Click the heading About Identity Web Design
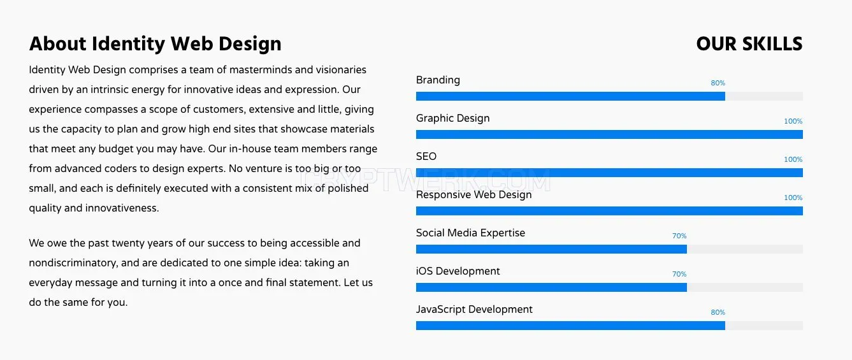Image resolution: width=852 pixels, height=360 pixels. coord(155,44)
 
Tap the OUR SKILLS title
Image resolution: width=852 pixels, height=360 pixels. coord(749,44)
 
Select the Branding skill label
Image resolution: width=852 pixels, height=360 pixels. coord(438,80)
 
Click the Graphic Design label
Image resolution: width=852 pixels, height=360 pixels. coord(452,119)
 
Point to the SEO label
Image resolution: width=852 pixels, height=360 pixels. coord(426,156)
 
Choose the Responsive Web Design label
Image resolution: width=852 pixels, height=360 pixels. coord(473,194)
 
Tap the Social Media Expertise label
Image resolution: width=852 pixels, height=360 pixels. coord(470,233)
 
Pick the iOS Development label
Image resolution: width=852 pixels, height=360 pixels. coord(458,271)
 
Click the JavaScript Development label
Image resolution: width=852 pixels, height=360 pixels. coord(474,310)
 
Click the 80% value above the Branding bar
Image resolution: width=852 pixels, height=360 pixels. coord(718,83)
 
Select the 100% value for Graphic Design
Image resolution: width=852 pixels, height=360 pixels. coord(793,121)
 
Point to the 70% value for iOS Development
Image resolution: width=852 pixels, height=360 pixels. coord(679,274)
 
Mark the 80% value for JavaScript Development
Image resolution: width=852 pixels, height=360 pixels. coord(718,312)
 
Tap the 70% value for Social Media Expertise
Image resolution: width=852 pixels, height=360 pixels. coord(679,236)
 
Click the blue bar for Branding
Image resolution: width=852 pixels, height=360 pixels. coord(570,96)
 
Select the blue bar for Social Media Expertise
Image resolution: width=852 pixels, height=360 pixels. coord(551,249)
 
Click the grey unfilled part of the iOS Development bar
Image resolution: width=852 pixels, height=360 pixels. coord(745,287)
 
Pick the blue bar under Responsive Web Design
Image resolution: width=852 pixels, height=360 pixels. coord(609,211)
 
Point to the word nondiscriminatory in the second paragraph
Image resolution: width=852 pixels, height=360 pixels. coord(73,263)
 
